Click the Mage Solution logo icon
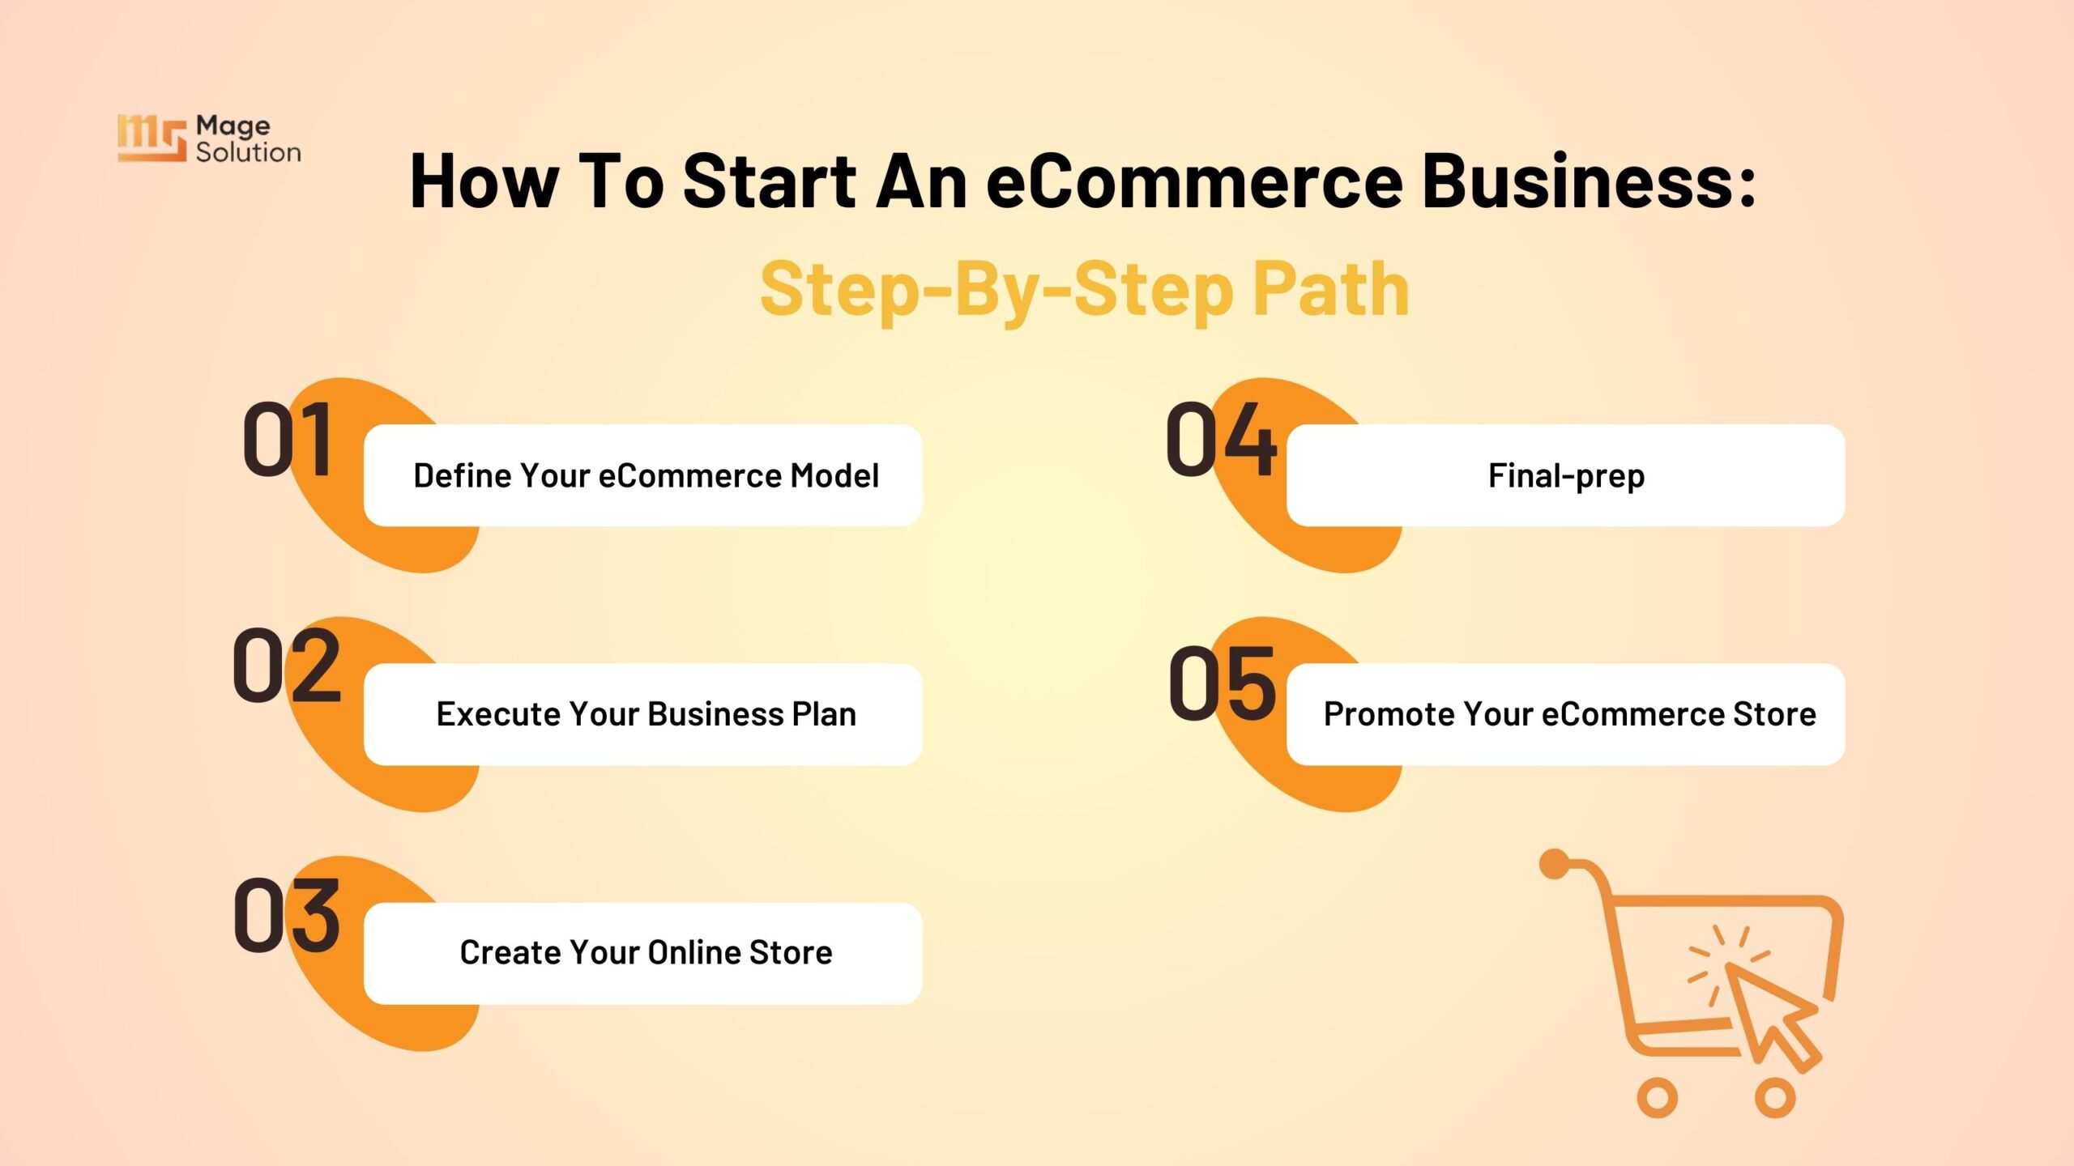[x=151, y=138]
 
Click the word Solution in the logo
[x=249, y=152]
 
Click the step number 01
[x=288, y=439]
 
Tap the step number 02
[x=287, y=665]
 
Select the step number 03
[x=287, y=915]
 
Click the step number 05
[x=1223, y=683]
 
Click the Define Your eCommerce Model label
[x=646, y=475]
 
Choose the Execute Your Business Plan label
[x=646, y=714]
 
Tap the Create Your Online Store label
[x=646, y=952]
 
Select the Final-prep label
[x=1566, y=476]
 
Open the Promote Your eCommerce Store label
[x=1569, y=714]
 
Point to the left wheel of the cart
[x=1658, y=1098]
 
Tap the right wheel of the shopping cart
[x=1775, y=1098]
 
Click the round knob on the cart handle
[x=1555, y=864]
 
